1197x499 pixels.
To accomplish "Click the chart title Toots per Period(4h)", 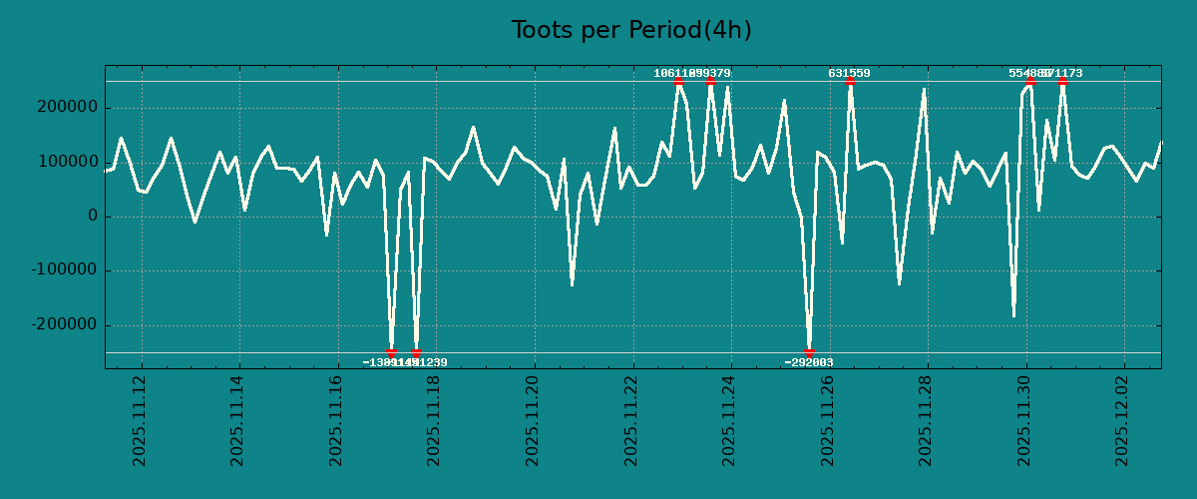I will tap(631, 30).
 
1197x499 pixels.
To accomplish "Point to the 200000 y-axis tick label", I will tap(65, 108).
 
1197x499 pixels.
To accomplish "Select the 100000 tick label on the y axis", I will tap(65, 162).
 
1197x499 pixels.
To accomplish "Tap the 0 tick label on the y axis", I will tap(93, 217).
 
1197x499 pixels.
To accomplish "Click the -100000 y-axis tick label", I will tap(62, 270).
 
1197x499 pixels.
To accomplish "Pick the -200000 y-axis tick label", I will tap(62, 325).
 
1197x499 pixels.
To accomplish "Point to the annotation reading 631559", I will tap(849, 73).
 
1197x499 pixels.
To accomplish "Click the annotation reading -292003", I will tap(809, 362).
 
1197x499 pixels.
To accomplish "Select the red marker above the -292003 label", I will tap(809, 352).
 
